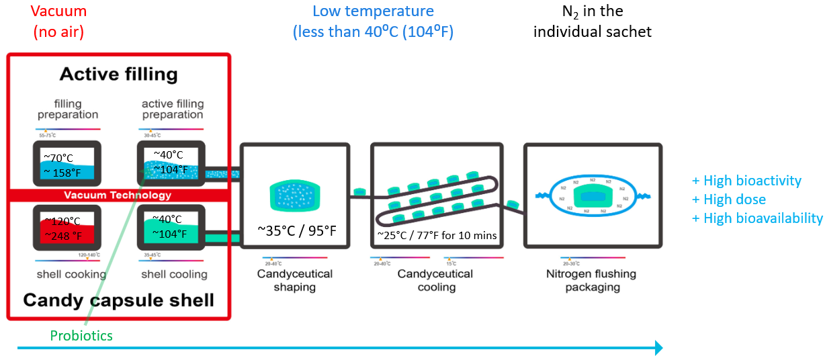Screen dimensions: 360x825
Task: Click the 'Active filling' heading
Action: [118, 74]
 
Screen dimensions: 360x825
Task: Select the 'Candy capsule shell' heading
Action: [118, 300]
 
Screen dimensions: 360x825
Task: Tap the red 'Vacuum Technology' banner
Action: [118, 195]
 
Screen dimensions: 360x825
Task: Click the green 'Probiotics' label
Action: [82, 335]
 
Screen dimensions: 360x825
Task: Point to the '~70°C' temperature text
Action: [58, 159]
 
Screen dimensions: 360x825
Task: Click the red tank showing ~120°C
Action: [67, 228]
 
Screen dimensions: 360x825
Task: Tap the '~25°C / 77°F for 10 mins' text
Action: [437, 236]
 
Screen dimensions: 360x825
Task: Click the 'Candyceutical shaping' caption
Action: [294, 281]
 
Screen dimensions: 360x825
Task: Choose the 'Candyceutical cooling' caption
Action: [435, 281]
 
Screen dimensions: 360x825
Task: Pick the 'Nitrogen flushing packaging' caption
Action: [591, 281]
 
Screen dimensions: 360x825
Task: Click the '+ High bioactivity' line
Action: [746, 181]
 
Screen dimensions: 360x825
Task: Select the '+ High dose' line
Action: [729, 199]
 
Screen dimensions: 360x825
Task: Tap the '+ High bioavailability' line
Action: [757, 218]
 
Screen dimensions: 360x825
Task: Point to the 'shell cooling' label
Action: [174, 275]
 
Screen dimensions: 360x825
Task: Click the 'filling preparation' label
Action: [68, 109]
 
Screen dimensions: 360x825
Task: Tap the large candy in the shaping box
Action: [296, 194]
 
